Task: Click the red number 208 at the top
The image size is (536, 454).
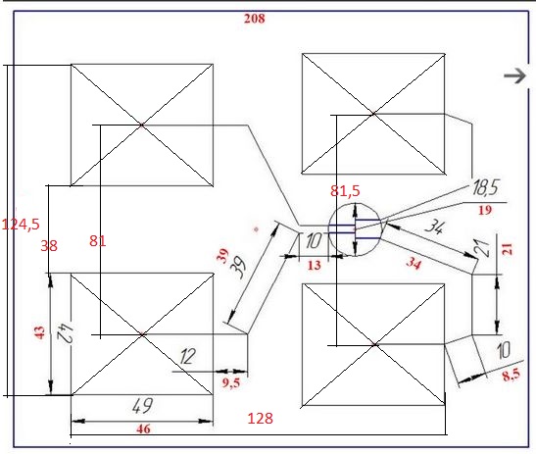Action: (x=255, y=19)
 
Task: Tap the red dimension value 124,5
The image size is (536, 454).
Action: (x=21, y=225)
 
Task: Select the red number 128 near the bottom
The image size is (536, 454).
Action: (x=260, y=419)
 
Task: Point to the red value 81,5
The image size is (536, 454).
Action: (x=345, y=191)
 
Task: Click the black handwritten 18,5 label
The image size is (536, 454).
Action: (x=485, y=187)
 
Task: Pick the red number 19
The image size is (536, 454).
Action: (x=485, y=210)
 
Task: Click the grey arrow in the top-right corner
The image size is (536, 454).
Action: (x=515, y=76)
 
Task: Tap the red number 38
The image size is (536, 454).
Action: (x=49, y=246)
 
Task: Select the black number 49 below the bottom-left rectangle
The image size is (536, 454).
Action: (x=142, y=405)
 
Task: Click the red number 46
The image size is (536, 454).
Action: (x=143, y=429)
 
